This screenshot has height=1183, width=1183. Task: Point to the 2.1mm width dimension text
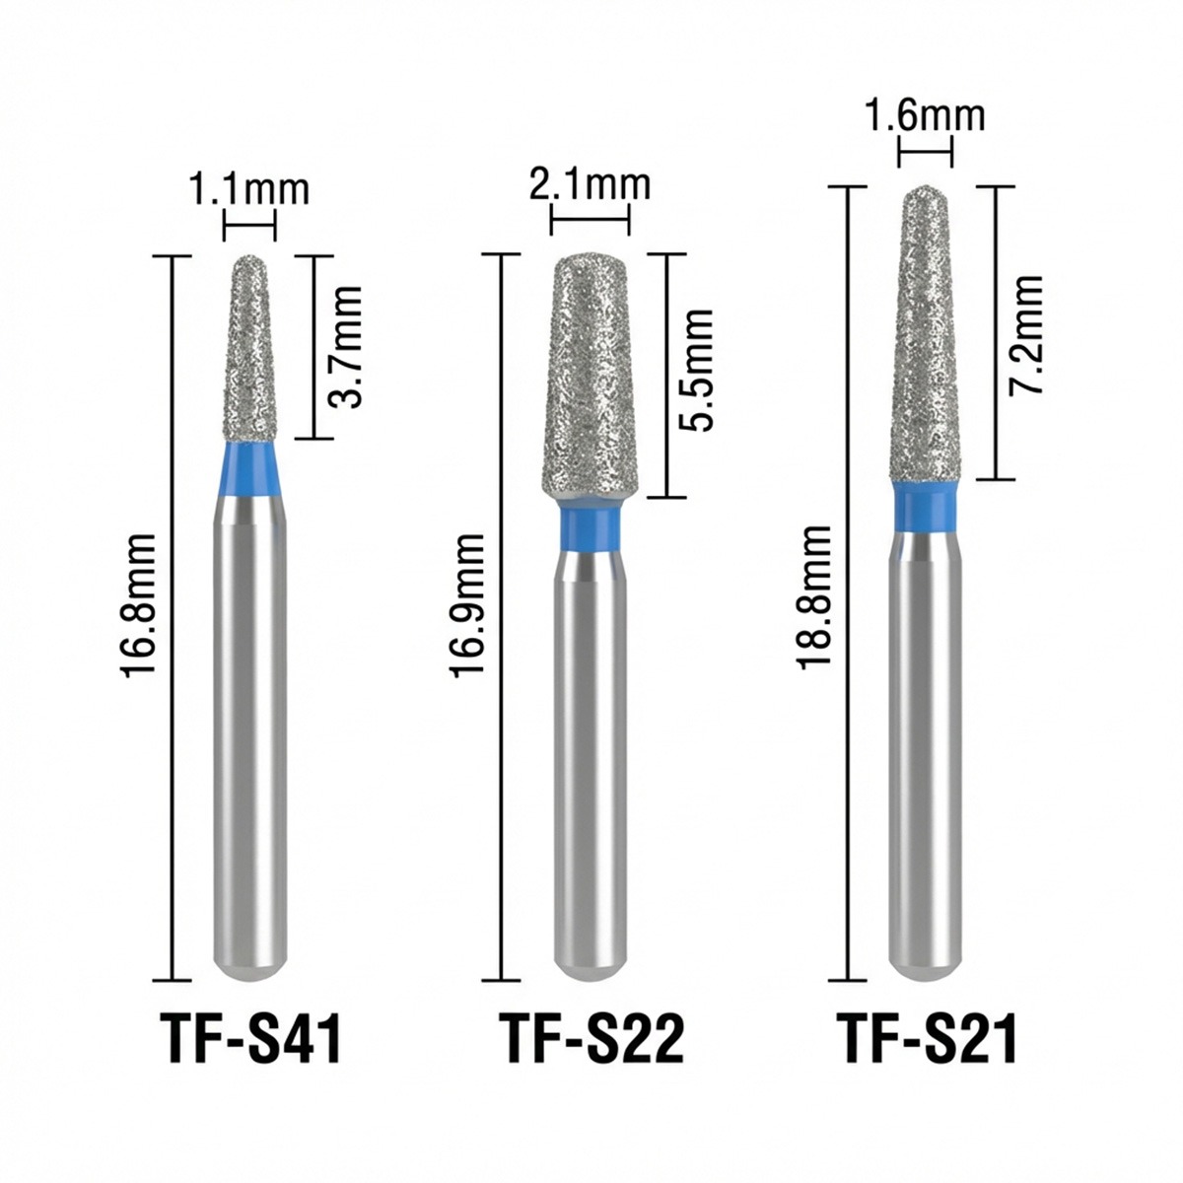(x=590, y=184)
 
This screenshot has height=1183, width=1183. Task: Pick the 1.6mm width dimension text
(x=926, y=115)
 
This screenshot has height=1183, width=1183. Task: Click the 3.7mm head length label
(x=344, y=347)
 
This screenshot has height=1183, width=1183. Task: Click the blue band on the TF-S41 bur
(x=248, y=469)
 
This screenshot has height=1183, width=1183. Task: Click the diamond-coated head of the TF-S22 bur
(x=590, y=375)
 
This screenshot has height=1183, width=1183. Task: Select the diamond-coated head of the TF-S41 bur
(x=248, y=355)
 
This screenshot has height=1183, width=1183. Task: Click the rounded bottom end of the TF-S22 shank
(x=590, y=966)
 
